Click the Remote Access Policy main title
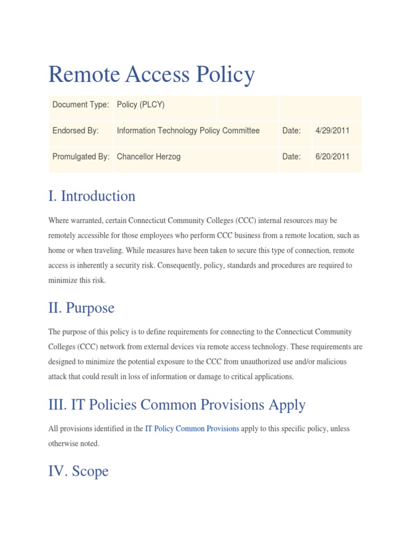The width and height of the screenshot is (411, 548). tap(151, 74)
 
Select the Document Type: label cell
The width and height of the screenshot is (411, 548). tap(81, 105)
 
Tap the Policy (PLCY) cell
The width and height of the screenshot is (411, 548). tap(141, 105)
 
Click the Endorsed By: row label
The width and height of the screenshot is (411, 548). tap(75, 131)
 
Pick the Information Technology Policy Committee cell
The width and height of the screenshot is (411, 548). tap(188, 131)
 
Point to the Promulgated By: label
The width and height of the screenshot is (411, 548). tap(81, 157)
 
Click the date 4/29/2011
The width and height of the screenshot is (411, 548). tap(332, 131)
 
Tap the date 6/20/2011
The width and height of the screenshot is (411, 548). tap(332, 157)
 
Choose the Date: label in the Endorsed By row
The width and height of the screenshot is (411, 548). tap(292, 131)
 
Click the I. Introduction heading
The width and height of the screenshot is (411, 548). tap(92, 196)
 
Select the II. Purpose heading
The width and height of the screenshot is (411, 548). tap(81, 308)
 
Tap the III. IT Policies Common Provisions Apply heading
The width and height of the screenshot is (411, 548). tap(177, 405)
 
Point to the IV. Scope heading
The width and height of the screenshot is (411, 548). tap(79, 471)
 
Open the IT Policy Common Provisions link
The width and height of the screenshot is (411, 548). tap(192, 429)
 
